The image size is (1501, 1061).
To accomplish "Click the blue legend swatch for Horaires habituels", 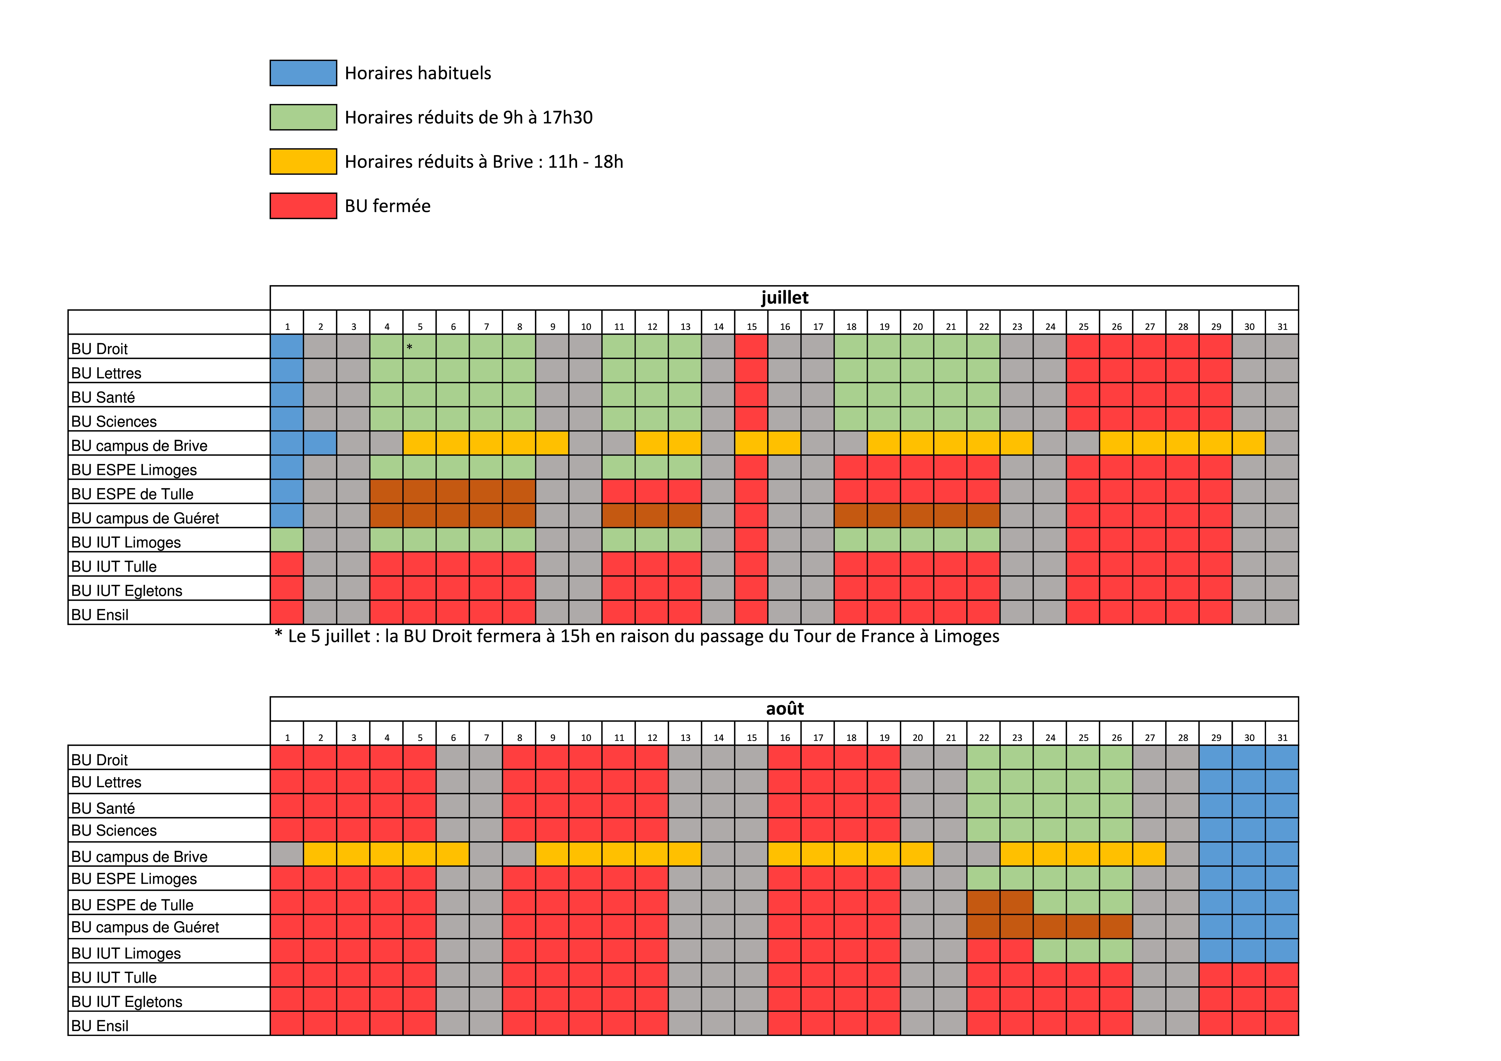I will pyautogui.click(x=303, y=73).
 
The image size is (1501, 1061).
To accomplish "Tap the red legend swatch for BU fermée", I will pyautogui.click(x=303, y=206).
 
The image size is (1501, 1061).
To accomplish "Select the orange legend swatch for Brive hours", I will pyautogui.click(x=303, y=162).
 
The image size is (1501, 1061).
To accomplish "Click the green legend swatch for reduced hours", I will pyautogui.click(x=303, y=117).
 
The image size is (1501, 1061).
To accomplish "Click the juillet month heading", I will pyautogui.click(x=784, y=298).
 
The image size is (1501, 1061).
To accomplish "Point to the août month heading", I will pyautogui.click(x=784, y=709).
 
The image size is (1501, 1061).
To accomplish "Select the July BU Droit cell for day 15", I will pyautogui.click(x=751, y=347).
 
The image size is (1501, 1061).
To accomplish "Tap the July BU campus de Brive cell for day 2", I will pyautogui.click(x=320, y=443).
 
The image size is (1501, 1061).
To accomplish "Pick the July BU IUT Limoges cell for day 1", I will pyautogui.click(x=287, y=540).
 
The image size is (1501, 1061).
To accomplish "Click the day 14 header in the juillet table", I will pyautogui.click(x=719, y=326).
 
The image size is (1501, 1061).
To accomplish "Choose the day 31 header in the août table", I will pyautogui.click(x=1282, y=737).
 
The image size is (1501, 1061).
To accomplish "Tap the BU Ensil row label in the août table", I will pyautogui.click(x=100, y=1026).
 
